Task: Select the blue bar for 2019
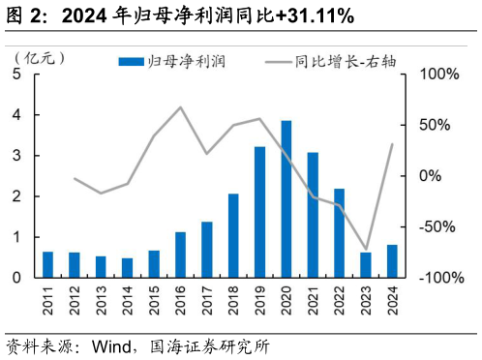260,212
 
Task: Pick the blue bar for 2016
180,255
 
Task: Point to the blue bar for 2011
47,264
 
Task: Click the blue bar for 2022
340,232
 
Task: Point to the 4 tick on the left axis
18,115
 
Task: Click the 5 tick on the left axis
18,75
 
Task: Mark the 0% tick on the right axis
432,176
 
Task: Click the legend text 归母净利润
185,61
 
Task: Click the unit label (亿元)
40,57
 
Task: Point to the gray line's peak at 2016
181,106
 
